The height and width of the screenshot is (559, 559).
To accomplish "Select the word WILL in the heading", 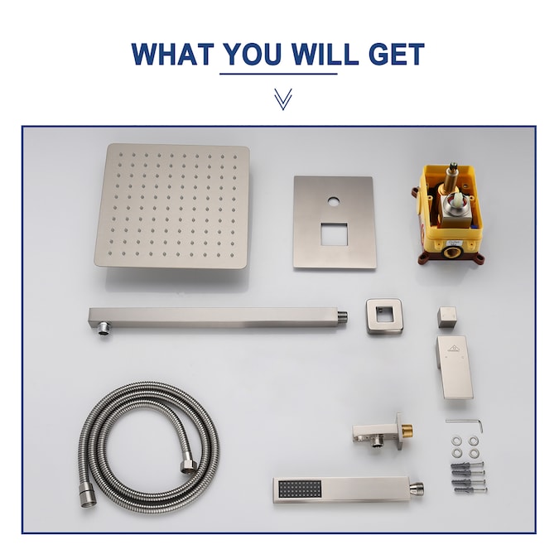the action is click(x=325, y=54).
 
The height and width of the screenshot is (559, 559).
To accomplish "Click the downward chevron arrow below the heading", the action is click(x=283, y=99).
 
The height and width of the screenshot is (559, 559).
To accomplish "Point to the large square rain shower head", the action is click(x=171, y=206).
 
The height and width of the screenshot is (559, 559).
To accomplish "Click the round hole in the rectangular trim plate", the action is click(x=334, y=202).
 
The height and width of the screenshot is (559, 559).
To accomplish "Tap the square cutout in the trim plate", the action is click(x=334, y=234).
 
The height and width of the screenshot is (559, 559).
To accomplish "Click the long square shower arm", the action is click(x=218, y=318).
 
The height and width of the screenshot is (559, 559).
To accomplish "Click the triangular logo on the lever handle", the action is click(x=455, y=348).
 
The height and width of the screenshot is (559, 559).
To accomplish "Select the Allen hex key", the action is click(x=465, y=424).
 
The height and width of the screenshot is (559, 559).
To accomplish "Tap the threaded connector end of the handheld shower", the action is click(x=417, y=488).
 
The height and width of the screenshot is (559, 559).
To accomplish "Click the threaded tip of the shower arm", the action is click(x=343, y=316).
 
